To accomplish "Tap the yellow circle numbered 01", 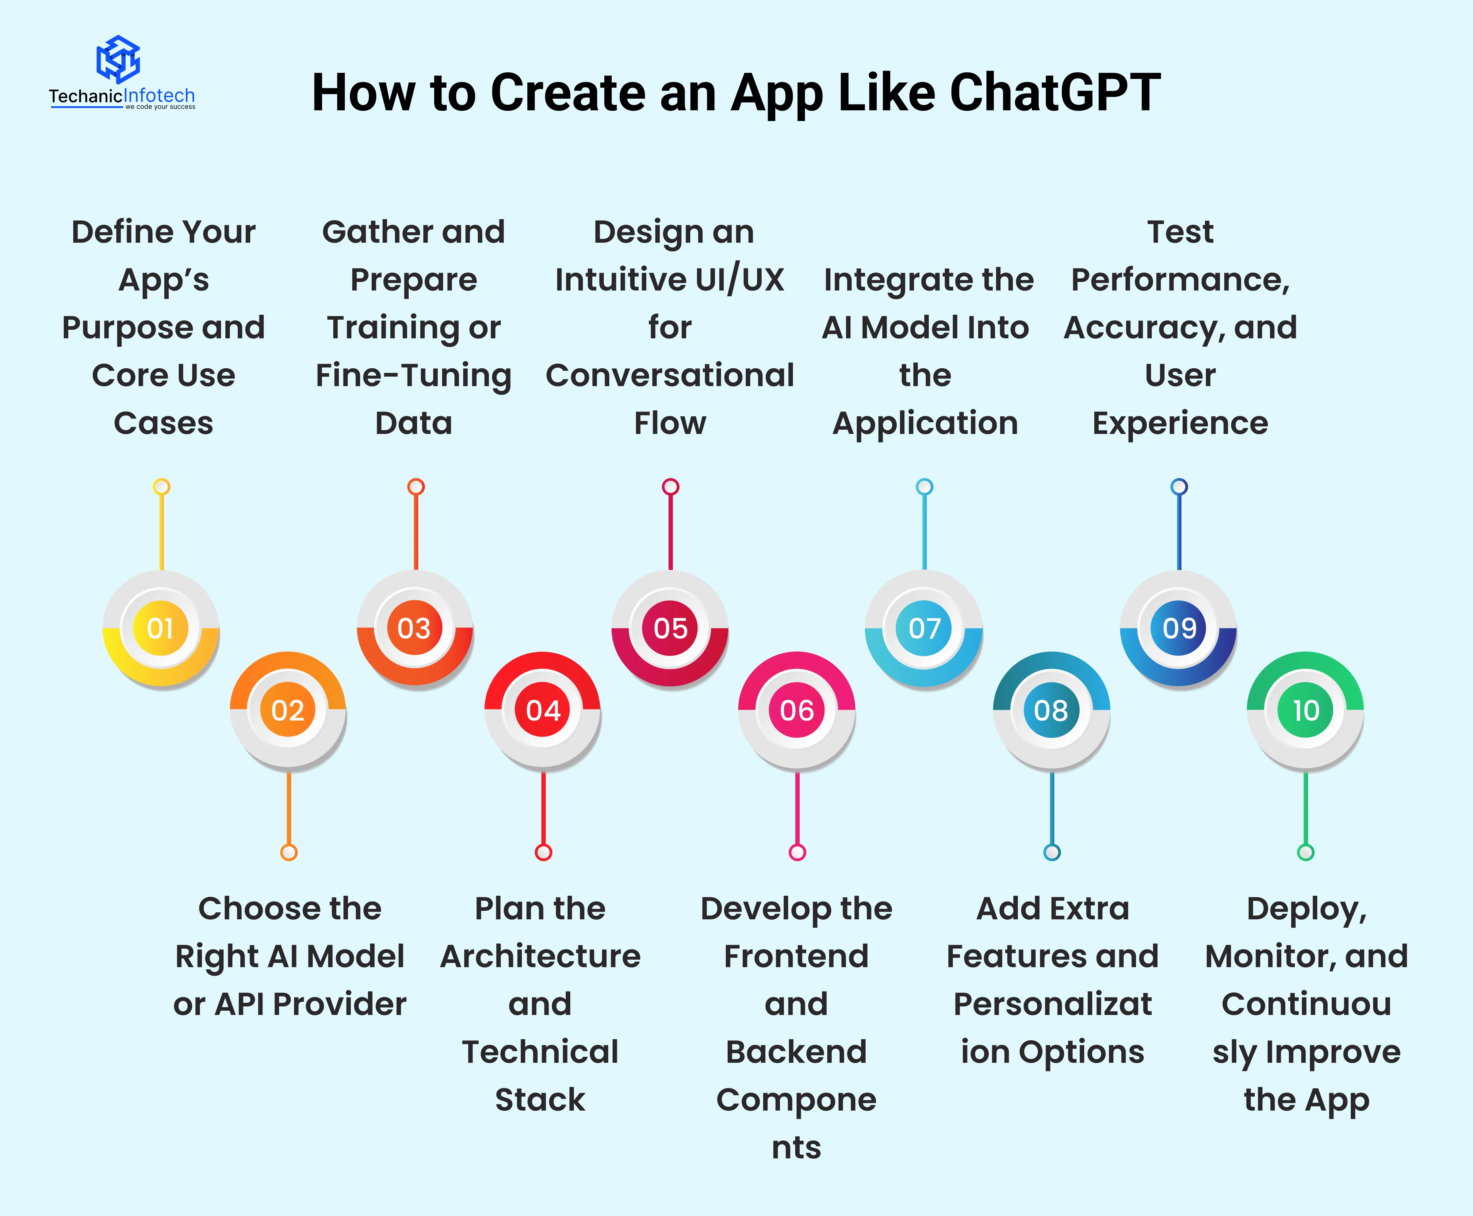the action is [x=160, y=628].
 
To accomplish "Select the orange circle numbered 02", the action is [x=288, y=710].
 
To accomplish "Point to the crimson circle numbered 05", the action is [x=670, y=628].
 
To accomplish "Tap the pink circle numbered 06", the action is [x=797, y=710].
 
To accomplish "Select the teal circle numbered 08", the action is [x=1051, y=710].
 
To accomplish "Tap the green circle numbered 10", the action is [x=1306, y=710].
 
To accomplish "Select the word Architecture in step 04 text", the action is [x=540, y=956].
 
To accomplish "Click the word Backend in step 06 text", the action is [x=796, y=1051].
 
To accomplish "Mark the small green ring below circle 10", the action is [x=1306, y=853].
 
